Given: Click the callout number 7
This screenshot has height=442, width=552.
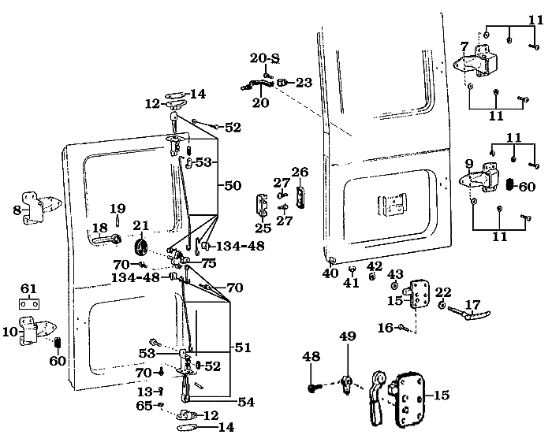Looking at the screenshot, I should tap(464, 46).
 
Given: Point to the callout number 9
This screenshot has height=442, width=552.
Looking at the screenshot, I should tap(468, 164).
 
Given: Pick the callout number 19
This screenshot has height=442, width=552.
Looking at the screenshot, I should tap(117, 209).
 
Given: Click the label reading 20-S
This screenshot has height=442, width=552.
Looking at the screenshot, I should tap(265, 58).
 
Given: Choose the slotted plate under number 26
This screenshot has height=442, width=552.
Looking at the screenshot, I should tap(300, 196).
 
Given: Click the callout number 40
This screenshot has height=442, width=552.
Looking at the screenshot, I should tap(330, 273).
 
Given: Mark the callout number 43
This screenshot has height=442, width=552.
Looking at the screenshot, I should tap(396, 273).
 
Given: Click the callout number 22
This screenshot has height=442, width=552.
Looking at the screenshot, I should tap(443, 292).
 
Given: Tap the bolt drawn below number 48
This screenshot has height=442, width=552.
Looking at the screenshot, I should tap(313, 387).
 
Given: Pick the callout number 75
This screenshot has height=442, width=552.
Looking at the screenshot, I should tap(208, 264).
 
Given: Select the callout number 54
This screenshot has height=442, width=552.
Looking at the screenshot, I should tap(245, 402).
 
